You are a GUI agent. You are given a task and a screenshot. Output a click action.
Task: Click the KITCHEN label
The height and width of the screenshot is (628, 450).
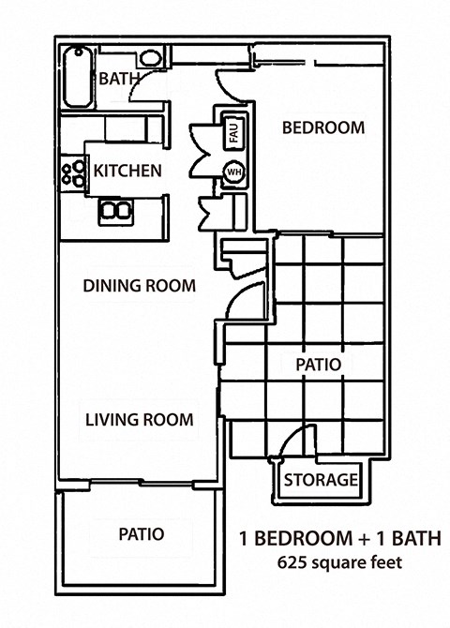tap(127, 172)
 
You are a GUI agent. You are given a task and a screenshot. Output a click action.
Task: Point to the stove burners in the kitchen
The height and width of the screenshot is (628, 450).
tap(70, 172)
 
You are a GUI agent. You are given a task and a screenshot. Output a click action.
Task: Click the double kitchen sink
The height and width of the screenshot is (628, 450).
tap(114, 208)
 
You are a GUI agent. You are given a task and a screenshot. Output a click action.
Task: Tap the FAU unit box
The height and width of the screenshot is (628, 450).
tap(231, 133)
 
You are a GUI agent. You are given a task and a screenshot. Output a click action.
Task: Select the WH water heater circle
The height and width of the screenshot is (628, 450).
tap(232, 173)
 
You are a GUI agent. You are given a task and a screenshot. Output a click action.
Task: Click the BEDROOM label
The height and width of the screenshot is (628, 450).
tap(322, 128)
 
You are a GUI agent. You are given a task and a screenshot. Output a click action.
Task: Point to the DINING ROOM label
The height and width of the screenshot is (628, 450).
tap(138, 285)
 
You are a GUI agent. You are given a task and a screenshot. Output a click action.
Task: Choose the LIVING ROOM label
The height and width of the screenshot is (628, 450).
tap(139, 419)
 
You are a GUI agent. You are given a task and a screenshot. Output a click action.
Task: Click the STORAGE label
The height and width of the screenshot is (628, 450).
tap(321, 481)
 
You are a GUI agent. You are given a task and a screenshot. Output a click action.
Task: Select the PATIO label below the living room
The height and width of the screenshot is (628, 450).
tap(142, 534)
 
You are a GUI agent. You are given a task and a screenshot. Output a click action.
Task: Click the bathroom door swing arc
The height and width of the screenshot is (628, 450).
tap(141, 94)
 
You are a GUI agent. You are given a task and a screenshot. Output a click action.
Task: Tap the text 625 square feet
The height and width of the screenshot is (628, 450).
tap(338, 563)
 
